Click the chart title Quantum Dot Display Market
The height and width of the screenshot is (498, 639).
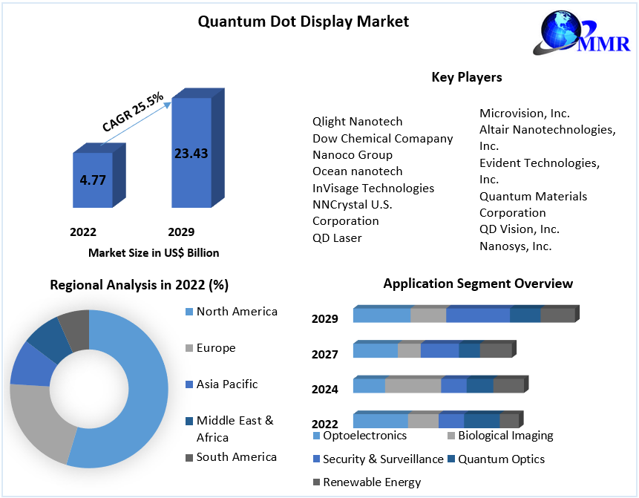[303, 22]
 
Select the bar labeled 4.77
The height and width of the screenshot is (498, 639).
[93, 180]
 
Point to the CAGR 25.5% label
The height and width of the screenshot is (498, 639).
[133, 112]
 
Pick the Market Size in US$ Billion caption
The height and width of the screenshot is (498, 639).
[154, 252]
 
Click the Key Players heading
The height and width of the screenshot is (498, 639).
[466, 77]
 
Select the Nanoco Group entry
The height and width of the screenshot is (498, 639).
[353, 154]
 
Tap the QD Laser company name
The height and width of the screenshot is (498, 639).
[337, 237]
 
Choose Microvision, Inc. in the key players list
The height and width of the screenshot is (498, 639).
[524, 113]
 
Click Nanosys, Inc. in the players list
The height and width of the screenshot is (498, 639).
[515, 246]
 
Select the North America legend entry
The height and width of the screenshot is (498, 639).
[237, 312]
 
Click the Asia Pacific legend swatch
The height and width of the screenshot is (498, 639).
[189, 384]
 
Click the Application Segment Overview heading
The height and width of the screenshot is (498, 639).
[478, 284]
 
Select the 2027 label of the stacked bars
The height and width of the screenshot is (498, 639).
[325, 355]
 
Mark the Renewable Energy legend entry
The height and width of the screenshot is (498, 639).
[372, 482]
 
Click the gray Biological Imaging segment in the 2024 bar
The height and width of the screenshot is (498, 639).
[413, 385]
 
